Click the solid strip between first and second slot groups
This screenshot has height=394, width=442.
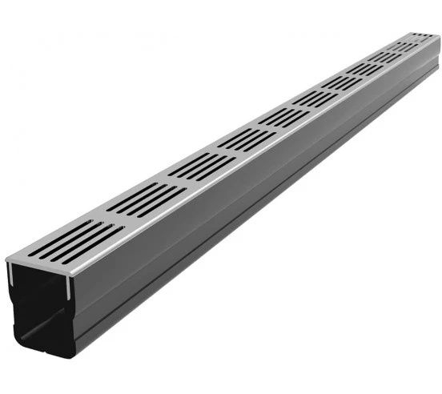112,219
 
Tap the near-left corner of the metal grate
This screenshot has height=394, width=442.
6,259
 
